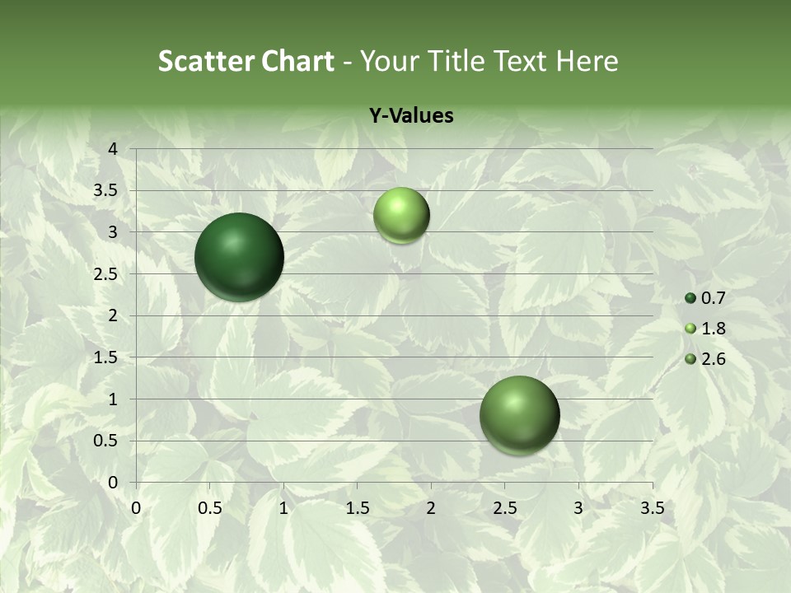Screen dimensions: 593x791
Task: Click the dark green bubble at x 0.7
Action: (239, 257)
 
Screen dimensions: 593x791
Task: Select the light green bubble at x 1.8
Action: (401, 215)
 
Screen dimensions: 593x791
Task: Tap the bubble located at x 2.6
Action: (519, 415)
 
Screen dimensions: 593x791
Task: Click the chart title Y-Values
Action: (411, 116)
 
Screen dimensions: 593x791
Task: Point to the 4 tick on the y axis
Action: (113, 149)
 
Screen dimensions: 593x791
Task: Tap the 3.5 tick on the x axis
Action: (652, 508)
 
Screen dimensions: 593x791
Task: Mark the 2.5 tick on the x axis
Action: (504, 508)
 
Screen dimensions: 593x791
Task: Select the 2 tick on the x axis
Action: (431, 508)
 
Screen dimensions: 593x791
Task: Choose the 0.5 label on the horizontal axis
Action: (210, 508)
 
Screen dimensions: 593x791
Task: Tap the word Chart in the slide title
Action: (297, 61)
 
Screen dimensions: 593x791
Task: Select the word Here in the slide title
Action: (587, 61)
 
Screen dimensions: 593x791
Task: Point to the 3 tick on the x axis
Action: (578, 508)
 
